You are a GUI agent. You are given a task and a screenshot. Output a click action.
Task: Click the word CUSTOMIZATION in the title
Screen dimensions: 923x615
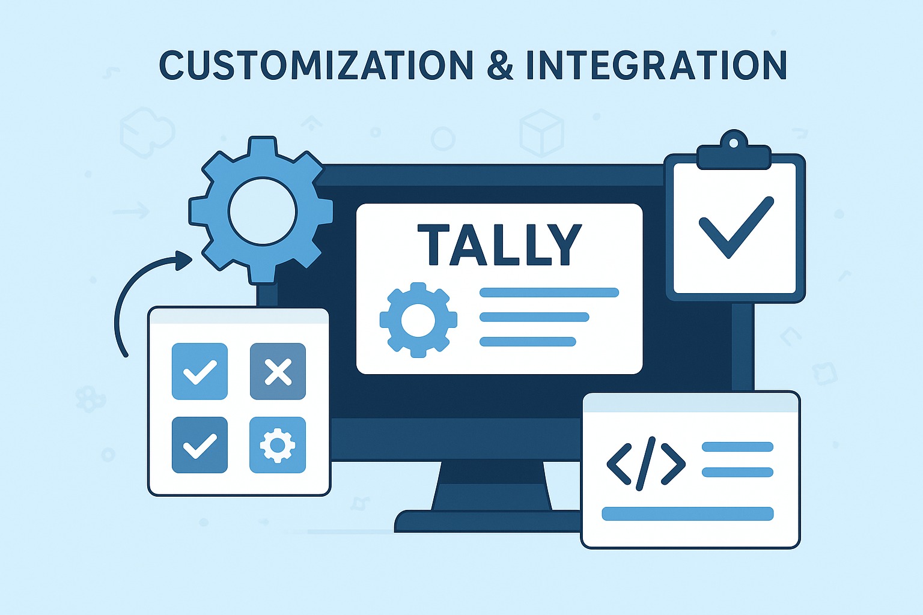316,65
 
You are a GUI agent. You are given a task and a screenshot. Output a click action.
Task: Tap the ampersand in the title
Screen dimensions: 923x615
500,65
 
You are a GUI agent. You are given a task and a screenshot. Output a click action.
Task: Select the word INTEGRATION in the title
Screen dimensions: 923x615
657,65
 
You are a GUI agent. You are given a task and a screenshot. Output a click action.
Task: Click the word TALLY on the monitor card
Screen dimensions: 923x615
499,244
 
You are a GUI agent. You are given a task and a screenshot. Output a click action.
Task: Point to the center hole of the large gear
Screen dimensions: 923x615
263,211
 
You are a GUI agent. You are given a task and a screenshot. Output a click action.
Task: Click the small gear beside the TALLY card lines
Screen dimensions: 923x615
418,320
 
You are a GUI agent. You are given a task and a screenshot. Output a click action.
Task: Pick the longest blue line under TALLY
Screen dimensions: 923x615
549,292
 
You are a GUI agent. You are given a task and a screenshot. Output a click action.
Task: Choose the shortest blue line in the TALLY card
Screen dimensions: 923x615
528,342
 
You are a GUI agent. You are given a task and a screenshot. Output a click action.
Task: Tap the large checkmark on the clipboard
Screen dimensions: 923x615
736,227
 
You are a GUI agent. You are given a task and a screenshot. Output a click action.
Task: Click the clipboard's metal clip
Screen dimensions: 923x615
734,151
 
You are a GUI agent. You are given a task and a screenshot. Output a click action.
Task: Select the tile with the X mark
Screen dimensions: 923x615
278,372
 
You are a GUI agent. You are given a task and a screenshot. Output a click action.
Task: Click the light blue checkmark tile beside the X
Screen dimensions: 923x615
200,372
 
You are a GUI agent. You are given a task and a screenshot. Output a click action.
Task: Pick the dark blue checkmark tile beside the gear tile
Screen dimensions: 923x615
200,445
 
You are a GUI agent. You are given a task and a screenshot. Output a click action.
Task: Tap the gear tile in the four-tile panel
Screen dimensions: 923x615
278,445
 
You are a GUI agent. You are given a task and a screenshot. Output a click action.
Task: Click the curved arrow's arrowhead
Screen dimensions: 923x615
184,260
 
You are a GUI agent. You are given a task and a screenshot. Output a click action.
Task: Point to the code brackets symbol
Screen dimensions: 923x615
646,464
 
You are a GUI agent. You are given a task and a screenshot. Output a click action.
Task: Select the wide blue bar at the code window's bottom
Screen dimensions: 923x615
687,514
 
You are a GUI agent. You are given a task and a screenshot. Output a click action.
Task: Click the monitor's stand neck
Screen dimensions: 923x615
492,486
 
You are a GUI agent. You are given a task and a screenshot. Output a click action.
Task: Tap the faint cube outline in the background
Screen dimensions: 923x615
541,133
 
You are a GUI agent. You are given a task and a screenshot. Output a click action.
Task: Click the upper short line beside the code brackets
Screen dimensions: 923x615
737,447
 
